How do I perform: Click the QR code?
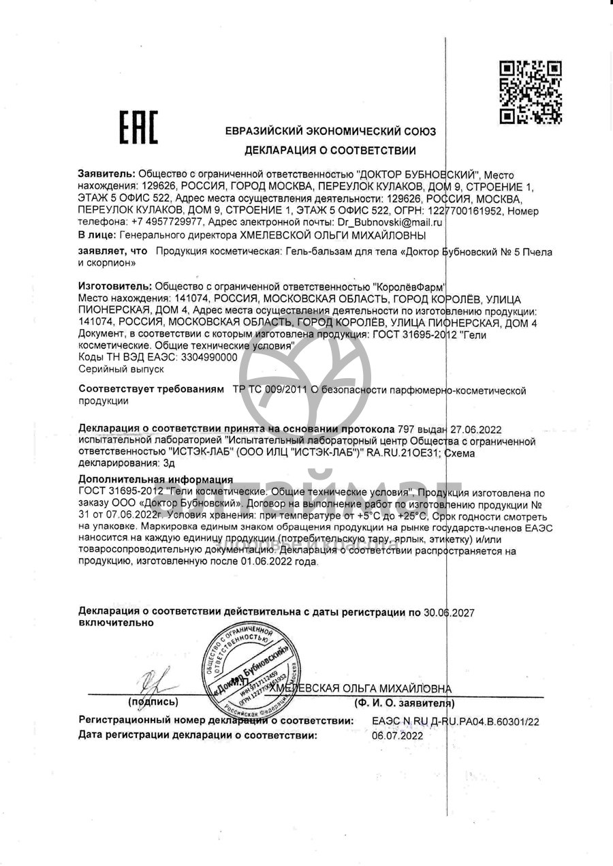pyautogui.click(x=531, y=92)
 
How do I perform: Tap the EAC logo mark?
pyautogui.click(x=139, y=127)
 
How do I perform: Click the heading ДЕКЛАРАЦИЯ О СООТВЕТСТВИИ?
pyautogui.click(x=330, y=150)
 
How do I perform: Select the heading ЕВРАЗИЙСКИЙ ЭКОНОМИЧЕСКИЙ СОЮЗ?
pyautogui.click(x=330, y=132)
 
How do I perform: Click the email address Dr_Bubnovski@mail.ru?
pyautogui.click(x=390, y=222)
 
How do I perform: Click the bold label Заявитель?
pyautogui.click(x=107, y=174)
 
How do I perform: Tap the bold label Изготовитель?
pyautogui.click(x=116, y=287)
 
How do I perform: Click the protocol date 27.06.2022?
pyautogui.click(x=474, y=429)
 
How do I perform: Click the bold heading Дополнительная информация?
pyautogui.click(x=156, y=480)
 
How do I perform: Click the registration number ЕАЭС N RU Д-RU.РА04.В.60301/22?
pyautogui.click(x=456, y=720)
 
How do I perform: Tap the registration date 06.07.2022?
pyautogui.click(x=397, y=736)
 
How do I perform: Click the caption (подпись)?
pyautogui.click(x=153, y=702)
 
